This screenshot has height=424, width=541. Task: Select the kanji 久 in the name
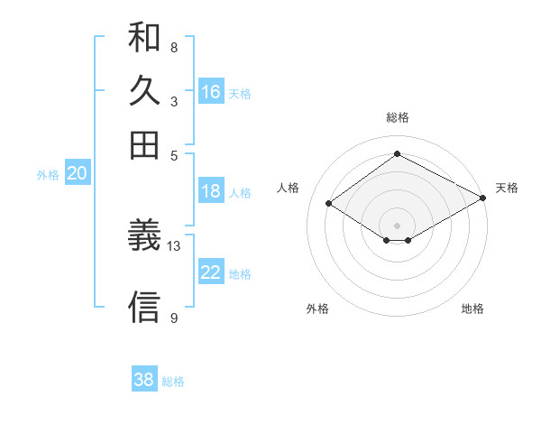tap(144, 91)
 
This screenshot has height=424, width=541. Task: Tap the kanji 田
tap(144, 144)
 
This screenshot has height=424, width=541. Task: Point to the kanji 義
tap(144, 237)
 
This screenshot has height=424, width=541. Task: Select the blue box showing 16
tap(211, 92)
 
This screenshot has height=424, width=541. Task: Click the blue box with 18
tap(211, 191)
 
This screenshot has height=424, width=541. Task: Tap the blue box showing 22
tap(211, 273)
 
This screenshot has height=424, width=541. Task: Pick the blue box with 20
tap(77, 174)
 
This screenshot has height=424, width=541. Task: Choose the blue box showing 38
tap(144, 380)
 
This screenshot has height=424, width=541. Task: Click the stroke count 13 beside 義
tap(174, 245)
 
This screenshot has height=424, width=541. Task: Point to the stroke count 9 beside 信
tap(174, 318)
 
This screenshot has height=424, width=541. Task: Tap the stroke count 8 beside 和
tap(174, 47)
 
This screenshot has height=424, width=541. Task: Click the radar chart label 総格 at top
tap(398, 117)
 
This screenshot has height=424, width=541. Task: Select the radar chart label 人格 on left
tap(289, 188)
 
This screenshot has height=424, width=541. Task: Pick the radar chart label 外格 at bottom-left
tap(317, 309)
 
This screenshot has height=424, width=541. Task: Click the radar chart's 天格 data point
tap(484, 198)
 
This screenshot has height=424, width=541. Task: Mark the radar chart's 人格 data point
tap(329, 204)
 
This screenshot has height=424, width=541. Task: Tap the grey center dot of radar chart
tap(398, 225)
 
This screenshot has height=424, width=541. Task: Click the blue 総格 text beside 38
tap(173, 382)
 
